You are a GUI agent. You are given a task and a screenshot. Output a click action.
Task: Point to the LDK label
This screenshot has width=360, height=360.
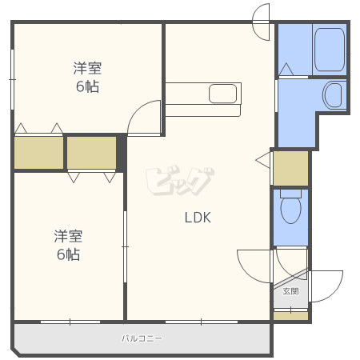[x=198, y=217]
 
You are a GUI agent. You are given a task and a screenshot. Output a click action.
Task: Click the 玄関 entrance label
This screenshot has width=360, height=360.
[x=290, y=292]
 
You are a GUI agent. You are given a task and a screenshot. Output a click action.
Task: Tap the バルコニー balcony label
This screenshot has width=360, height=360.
[x=142, y=338]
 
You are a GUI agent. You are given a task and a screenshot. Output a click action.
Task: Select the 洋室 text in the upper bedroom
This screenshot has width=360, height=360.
[x=88, y=69]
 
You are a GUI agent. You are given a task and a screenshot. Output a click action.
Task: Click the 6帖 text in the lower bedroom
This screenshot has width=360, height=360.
[x=68, y=254]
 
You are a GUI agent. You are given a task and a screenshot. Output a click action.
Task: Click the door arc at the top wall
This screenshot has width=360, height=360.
[x=262, y=22]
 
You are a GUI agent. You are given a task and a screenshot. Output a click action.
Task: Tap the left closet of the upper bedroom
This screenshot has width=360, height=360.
[x=38, y=152]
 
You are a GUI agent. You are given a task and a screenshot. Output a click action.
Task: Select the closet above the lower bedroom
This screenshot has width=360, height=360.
[x=91, y=152]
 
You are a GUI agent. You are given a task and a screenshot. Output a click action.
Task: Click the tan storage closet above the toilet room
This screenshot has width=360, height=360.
[x=290, y=167]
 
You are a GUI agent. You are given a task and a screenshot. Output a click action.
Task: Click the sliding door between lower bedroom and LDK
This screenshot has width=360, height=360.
[x=125, y=246]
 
